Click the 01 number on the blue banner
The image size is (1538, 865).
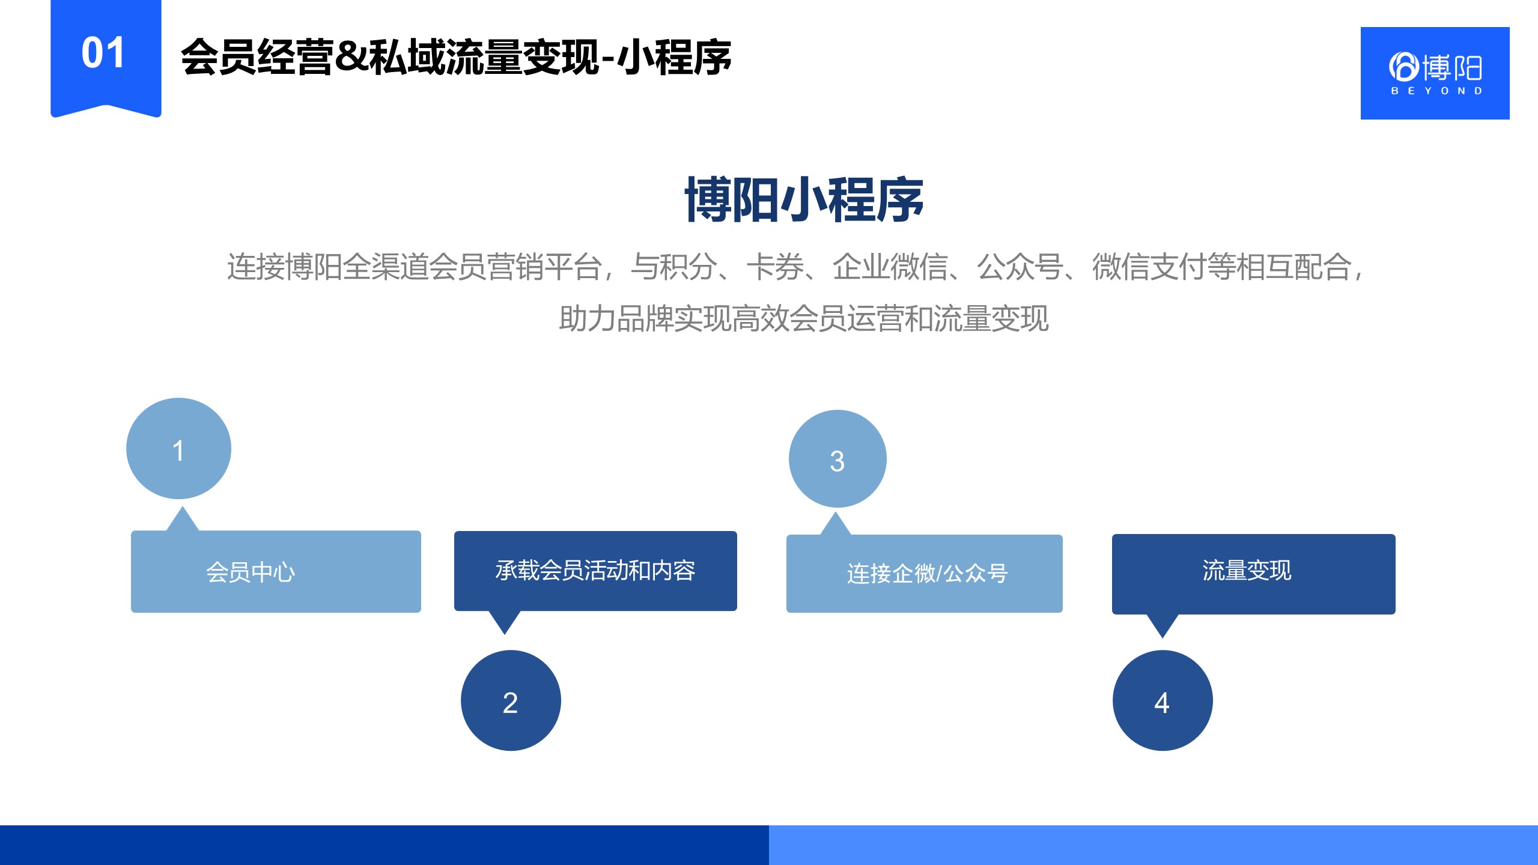pyautogui.click(x=103, y=53)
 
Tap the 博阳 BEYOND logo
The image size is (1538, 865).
pyautogui.click(x=1435, y=73)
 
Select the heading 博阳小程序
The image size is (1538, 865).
pyautogui.click(x=804, y=199)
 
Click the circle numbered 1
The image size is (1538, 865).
pyautogui.click(x=178, y=448)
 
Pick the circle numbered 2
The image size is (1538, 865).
pyautogui.click(x=511, y=700)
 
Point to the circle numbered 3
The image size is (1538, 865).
pyautogui.click(x=837, y=459)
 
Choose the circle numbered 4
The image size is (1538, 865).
pyautogui.click(x=1163, y=700)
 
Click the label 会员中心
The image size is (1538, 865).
pyautogui.click(x=251, y=572)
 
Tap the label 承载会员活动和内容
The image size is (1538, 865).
pyautogui.click(x=595, y=570)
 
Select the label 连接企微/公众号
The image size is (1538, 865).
pyautogui.click(x=927, y=574)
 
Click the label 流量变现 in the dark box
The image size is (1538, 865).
pyautogui.click(x=1247, y=570)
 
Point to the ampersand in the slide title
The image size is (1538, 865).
pyautogui.click(x=351, y=58)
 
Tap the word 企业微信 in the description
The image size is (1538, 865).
pyautogui.click(x=890, y=267)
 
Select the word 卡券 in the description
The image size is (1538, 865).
pyautogui.click(x=775, y=267)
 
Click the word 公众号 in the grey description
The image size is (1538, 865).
pyautogui.click(x=1020, y=267)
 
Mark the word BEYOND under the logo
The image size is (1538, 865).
pyautogui.click(x=1436, y=91)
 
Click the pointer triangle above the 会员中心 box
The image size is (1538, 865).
pyautogui.click(x=183, y=519)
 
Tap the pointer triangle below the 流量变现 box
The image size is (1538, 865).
pyautogui.click(x=1163, y=625)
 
